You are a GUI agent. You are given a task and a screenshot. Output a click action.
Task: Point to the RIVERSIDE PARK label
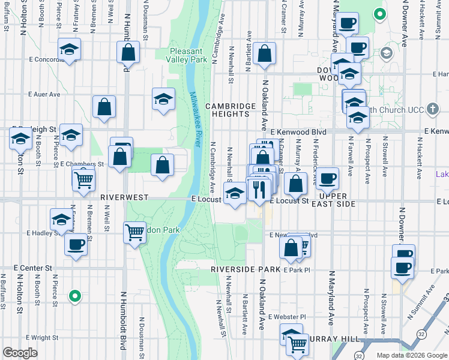pyautogui.click(x=246, y=270)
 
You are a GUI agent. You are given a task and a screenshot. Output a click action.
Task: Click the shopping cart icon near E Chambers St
pyautogui.click(x=83, y=179)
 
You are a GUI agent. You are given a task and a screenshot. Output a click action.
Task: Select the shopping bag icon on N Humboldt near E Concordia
pyautogui.click(x=128, y=53)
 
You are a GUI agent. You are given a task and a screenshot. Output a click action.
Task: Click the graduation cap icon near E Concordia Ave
pyautogui.click(x=70, y=50)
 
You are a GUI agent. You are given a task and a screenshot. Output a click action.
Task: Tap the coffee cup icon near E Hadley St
pyautogui.click(x=76, y=245)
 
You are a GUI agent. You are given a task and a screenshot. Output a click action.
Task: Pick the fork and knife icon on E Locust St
pyautogui.click(x=259, y=190)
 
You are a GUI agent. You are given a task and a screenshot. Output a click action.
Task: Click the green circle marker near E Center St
pyautogui.click(x=74, y=295)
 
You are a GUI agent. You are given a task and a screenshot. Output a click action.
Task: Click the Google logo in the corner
pyautogui.click(x=20, y=353)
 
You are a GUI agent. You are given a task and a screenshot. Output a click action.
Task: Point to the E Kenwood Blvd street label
pyautogui.click(x=298, y=131)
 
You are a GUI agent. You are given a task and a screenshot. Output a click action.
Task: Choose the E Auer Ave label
pyautogui.click(x=44, y=94)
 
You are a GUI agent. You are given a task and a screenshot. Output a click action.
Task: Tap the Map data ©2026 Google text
pyautogui.click(x=412, y=355)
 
